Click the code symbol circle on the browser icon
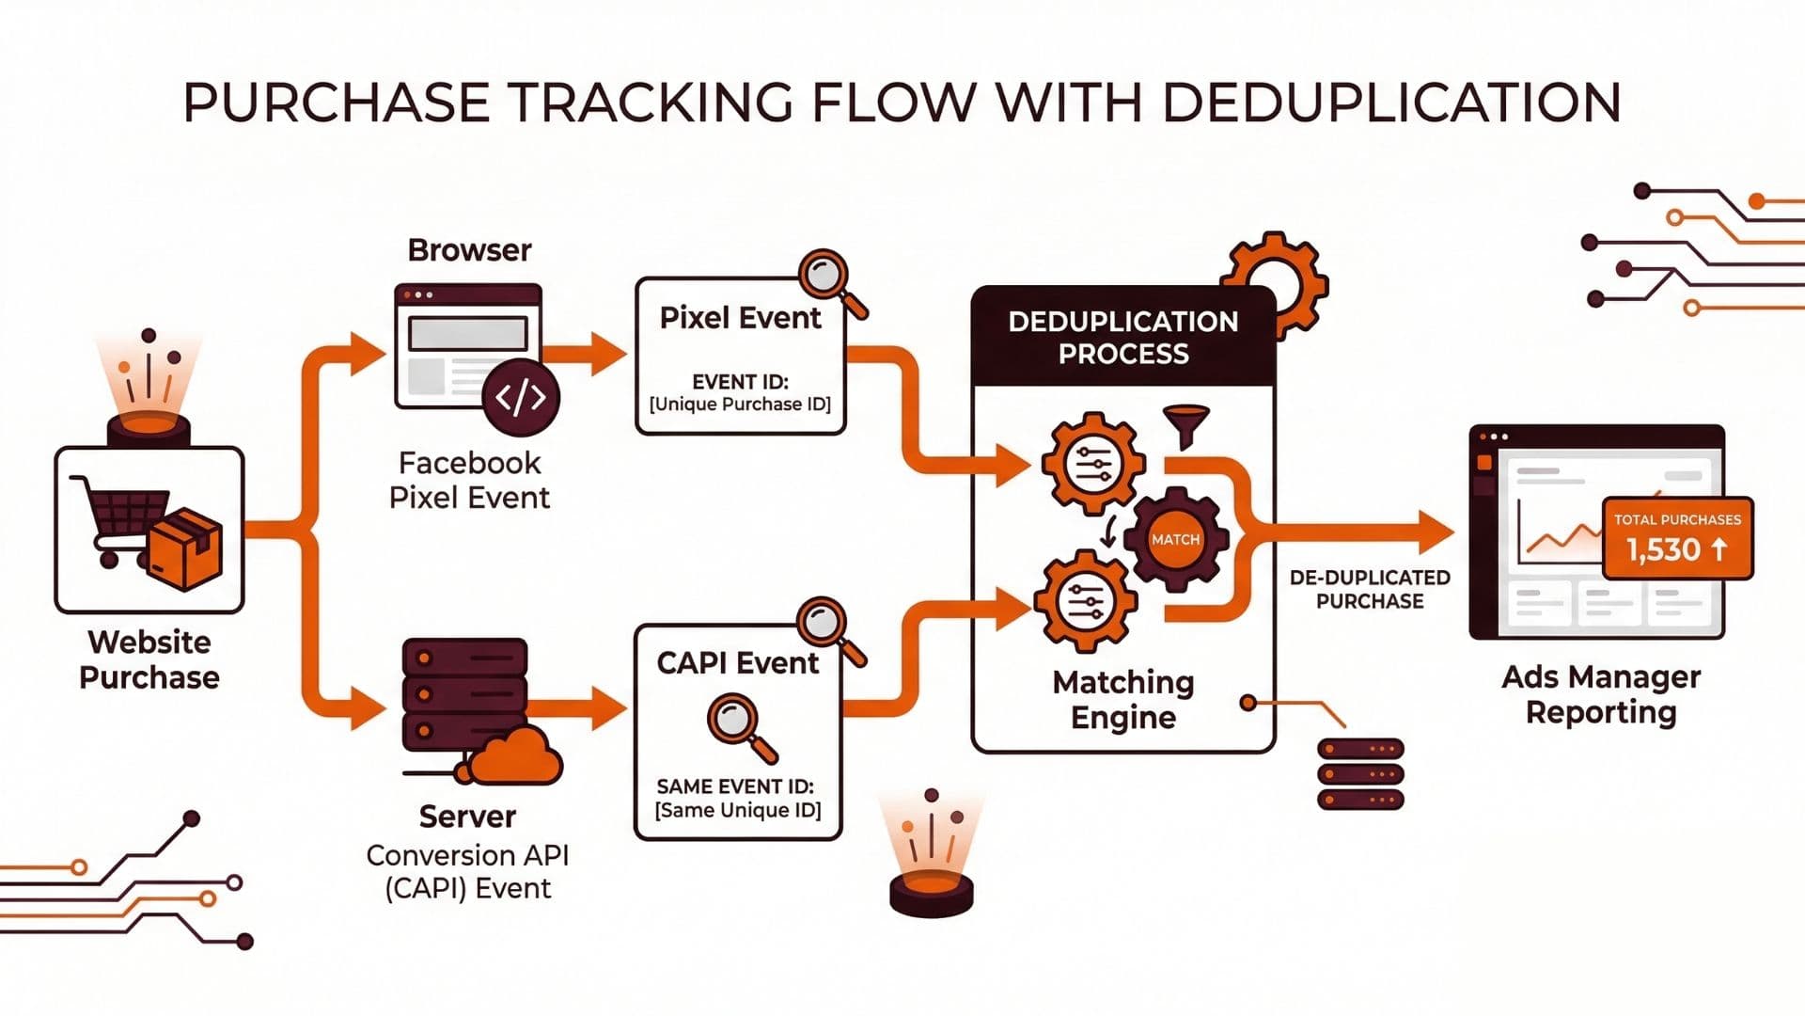click(520, 397)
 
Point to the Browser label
click(469, 250)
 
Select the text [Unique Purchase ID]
click(740, 405)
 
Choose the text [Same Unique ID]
click(738, 810)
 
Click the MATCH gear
click(1175, 539)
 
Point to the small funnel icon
click(1186, 425)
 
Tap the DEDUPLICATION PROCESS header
click(1122, 337)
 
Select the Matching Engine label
click(1122, 699)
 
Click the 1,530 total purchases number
click(1664, 549)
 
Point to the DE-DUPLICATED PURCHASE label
click(1370, 589)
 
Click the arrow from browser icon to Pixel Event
click(592, 355)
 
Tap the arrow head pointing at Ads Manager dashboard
click(1436, 533)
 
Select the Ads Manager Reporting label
click(1600, 694)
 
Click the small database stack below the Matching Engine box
click(1359, 773)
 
